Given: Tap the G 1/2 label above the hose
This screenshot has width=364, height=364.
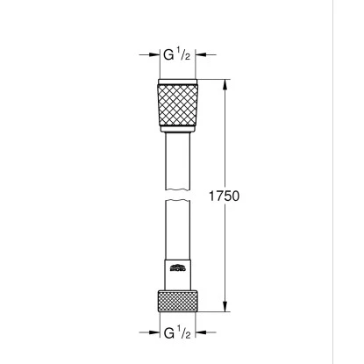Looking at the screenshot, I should pos(181,54).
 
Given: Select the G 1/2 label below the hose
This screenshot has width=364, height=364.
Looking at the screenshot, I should pos(181,332).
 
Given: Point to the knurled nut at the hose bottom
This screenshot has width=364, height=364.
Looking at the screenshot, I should pos(182,299).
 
